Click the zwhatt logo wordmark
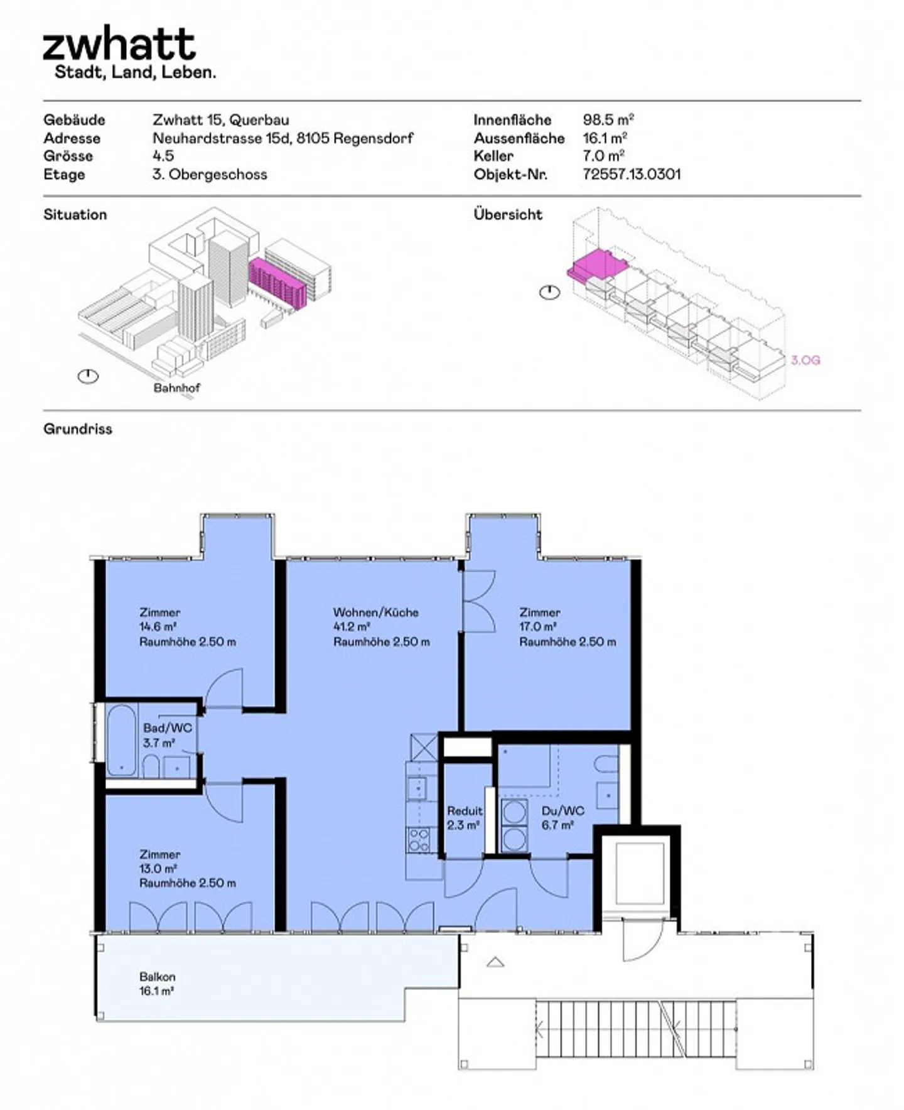[x=119, y=44]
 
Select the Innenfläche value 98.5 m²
[x=608, y=119]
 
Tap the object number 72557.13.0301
[x=631, y=174]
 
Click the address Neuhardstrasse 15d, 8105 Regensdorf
[x=282, y=138]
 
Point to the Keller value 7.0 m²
[x=603, y=156]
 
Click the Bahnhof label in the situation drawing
[x=176, y=388]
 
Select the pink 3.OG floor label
[x=805, y=360]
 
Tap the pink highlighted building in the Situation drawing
[x=277, y=283]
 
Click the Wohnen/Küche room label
[x=375, y=612]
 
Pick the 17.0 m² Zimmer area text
[x=537, y=626]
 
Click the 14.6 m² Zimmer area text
[x=158, y=626]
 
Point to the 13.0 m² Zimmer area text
[x=158, y=868]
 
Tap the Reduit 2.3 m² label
[x=465, y=818]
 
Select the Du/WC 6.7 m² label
[x=562, y=818]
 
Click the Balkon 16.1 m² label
[x=157, y=984]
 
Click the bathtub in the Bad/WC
[x=121, y=740]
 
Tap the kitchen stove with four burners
[x=419, y=840]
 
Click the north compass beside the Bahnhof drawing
[x=88, y=376]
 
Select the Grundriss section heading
[x=78, y=429]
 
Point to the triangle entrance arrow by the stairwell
[x=495, y=962]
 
